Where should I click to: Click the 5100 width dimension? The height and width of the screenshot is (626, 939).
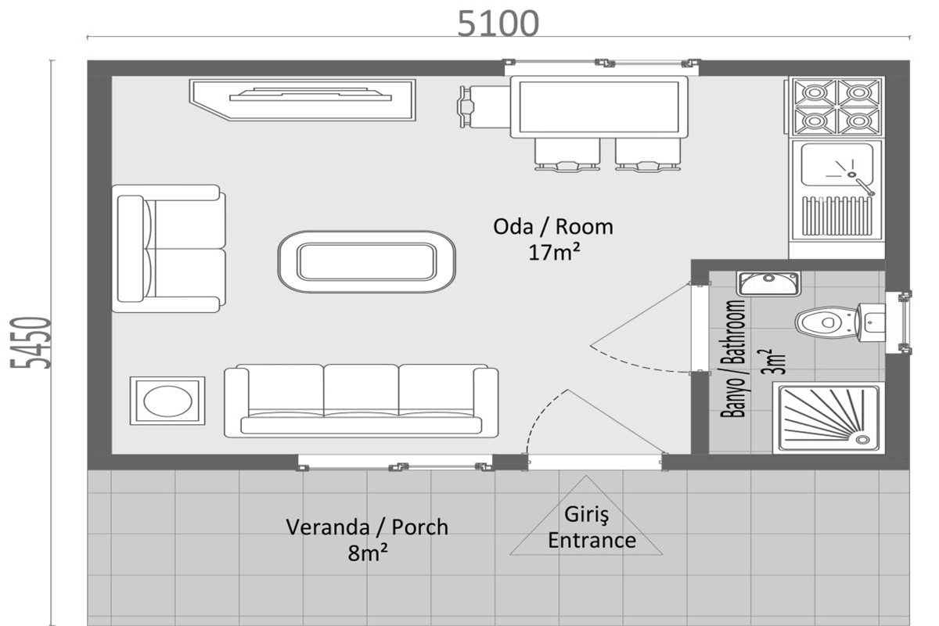point(498,23)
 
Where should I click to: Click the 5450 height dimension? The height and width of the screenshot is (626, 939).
point(31,343)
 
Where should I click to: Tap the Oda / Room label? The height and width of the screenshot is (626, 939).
point(553,227)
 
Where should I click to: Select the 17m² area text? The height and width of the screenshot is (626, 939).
point(554,253)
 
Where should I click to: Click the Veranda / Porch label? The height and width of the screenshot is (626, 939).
point(367,527)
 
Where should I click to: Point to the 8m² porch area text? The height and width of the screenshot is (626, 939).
point(368,553)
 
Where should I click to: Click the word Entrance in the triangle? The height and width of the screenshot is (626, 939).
point(592,541)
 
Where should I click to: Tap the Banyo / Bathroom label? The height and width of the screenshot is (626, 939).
point(733,358)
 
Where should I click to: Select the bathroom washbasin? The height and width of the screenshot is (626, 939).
point(768,283)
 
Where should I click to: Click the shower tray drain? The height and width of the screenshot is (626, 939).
point(862,440)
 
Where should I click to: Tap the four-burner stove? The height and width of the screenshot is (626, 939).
point(836,106)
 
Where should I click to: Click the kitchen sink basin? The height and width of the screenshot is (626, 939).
point(836,164)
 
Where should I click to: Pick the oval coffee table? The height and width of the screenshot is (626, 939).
point(366,261)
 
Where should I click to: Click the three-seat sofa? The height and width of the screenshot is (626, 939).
point(362,401)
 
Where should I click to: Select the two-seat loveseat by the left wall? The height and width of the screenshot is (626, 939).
point(168,249)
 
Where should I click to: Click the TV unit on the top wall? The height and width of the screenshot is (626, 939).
point(303,100)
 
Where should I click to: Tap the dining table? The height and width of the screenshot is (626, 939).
point(599,107)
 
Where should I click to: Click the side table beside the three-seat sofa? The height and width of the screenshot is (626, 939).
point(167,401)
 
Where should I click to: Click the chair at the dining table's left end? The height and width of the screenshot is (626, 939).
point(484,107)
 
